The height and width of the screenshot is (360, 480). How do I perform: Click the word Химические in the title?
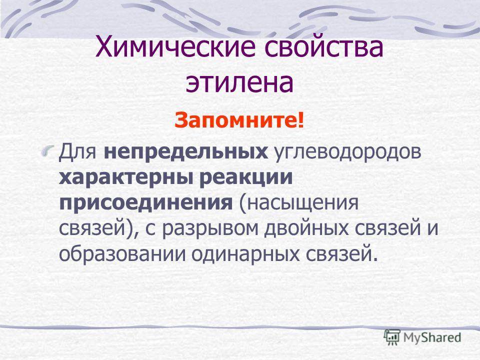[175, 47]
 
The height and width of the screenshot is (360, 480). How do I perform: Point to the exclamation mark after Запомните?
[300, 120]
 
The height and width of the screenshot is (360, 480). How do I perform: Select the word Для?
[78, 151]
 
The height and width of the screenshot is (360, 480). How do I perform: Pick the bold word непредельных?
[186, 152]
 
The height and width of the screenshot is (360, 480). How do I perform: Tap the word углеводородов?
[348, 153]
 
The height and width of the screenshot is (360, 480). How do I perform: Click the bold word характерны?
[125, 178]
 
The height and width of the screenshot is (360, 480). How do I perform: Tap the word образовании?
[122, 254]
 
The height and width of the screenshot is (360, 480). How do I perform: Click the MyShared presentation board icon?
[392, 337]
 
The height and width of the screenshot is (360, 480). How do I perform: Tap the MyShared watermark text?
[432, 337]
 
